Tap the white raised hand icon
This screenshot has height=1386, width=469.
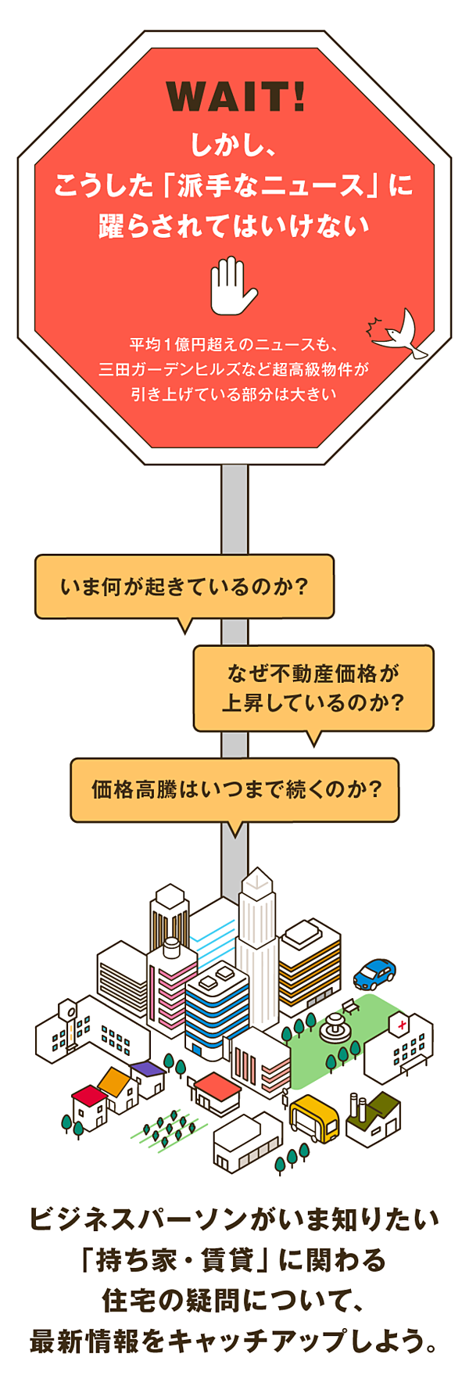click(x=232, y=285)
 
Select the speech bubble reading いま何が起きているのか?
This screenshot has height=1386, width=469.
click(x=184, y=586)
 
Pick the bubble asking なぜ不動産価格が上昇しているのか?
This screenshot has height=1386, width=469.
click(x=313, y=688)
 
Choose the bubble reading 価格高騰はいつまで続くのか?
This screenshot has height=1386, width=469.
click(x=235, y=789)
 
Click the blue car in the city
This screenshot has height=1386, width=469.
click(x=374, y=973)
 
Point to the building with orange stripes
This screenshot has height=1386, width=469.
click(x=310, y=962)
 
